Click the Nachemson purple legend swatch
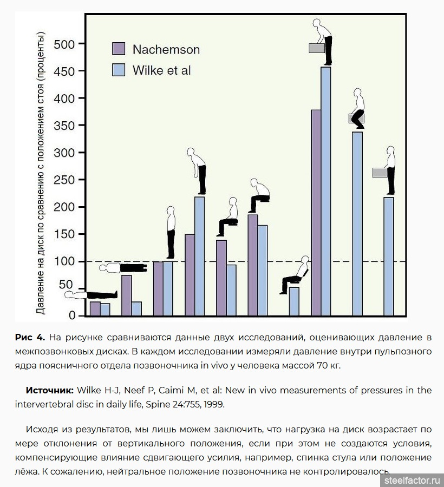point(119,49)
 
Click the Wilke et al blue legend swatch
point(119,70)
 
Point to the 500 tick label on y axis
point(64,44)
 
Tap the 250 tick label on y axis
point(64,180)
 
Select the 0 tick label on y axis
point(72,315)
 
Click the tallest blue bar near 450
point(325,192)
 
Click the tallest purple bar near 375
point(316,213)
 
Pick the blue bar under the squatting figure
point(357,224)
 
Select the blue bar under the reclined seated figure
point(294,301)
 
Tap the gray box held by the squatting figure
point(356,119)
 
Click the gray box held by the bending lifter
point(317,48)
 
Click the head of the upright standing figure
point(171,210)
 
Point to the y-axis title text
point(41,173)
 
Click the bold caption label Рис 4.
point(30,337)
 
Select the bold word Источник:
point(50,390)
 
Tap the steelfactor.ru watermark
point(412,480)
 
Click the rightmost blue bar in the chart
point(389,256)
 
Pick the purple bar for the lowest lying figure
point(95,309)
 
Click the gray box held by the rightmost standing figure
point(380,173)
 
